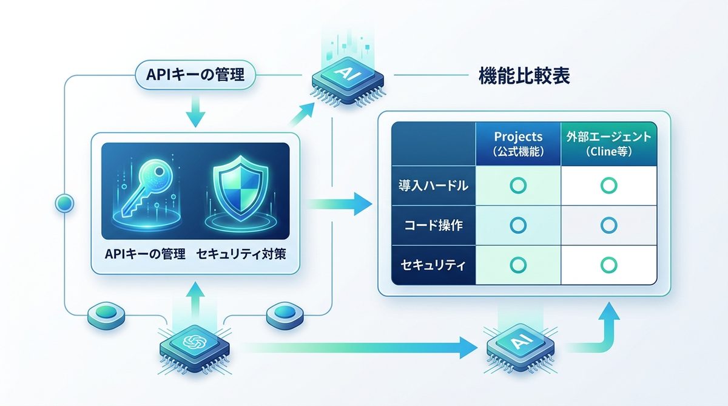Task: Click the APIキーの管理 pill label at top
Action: [196, 76]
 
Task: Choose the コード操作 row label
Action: [433, 226]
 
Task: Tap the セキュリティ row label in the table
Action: [433, 265]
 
